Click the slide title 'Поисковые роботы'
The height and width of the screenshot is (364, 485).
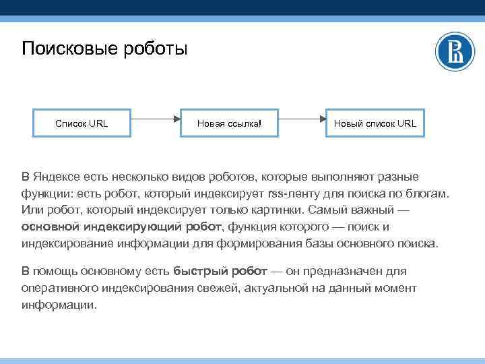[x=104, y=49]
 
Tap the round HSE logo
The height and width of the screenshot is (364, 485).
[x=455, y=52]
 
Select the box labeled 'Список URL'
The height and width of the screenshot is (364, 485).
[x=81, y=123]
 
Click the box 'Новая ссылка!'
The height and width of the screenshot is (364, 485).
[x=228, y=123]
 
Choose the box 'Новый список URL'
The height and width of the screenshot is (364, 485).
[x=375, y=123]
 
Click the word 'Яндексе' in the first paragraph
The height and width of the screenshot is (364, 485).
[x=57, y=177]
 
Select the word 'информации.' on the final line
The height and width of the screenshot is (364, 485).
[x=59, y=304]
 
